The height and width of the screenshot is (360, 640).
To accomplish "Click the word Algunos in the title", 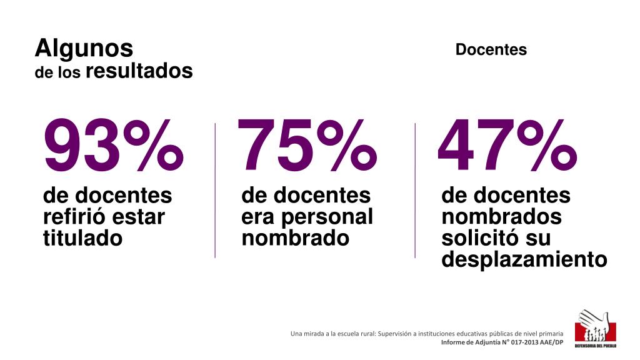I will [84, 48].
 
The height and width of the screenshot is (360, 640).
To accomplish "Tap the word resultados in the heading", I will [139, 71].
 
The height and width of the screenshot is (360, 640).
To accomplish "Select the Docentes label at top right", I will [491, 50].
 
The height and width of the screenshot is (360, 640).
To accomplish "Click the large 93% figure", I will [114, 146].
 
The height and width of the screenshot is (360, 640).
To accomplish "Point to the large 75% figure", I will [307, 146].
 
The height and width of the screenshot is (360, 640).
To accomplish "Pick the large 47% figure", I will [507, 146].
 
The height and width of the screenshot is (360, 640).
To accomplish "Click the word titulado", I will [83, 238].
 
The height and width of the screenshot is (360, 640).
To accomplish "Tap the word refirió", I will [74, 217].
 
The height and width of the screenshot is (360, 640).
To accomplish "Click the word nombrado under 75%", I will [295, 238].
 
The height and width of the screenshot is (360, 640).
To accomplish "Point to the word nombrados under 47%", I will [501, 217].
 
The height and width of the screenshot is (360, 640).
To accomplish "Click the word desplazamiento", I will [524, 259].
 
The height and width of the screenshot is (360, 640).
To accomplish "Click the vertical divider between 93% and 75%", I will [215, 190].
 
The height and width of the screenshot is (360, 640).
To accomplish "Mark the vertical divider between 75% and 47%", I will [415, 190].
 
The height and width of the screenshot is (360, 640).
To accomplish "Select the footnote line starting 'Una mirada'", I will [427, 334].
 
